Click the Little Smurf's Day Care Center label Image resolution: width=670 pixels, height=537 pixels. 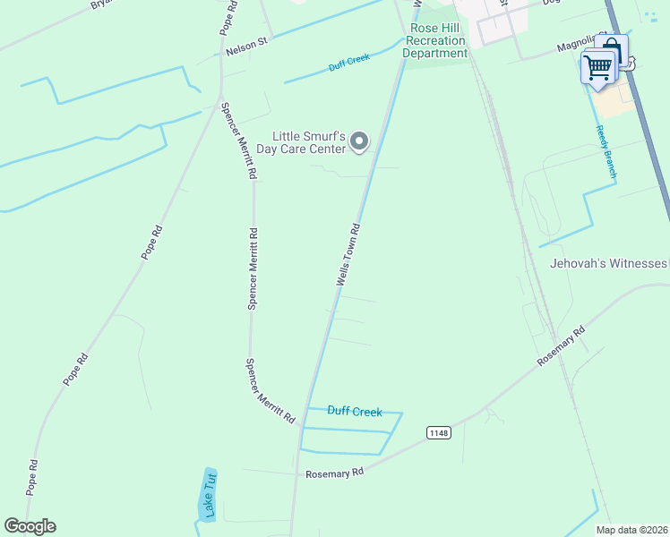coord(301,141)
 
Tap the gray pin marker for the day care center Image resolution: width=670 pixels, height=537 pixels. coord(359,141)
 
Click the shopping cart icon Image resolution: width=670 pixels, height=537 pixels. coord(597,67)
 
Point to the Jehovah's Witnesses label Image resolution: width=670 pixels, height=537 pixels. coord(609,263)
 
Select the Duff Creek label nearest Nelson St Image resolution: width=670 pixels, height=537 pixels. coord(348,61)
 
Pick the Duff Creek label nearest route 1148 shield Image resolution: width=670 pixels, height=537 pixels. coord(355,412)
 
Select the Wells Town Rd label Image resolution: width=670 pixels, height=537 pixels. coord(348,255)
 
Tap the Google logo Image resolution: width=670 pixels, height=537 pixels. coord(30,526)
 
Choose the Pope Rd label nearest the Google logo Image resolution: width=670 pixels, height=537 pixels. coord(33,478)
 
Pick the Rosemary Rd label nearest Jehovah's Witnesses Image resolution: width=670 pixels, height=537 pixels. coord(561,345)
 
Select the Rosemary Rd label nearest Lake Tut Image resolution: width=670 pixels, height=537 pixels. coord(334,473)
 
